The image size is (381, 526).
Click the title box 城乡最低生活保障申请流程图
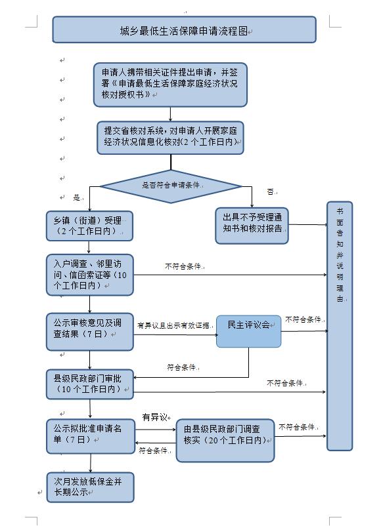tap(184, 30)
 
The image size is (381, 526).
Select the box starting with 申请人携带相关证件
tap(170, 84)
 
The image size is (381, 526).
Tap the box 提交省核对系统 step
tap(170, 137)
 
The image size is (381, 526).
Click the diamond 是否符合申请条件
tap(171, 186)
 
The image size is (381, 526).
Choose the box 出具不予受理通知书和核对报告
tap(252, 225)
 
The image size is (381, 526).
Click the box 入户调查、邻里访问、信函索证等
tap(89, 273)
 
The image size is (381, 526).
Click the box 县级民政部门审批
tap(89, 384)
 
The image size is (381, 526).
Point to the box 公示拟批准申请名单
tap(89, 435)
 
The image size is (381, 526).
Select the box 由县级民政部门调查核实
tap(225, 440)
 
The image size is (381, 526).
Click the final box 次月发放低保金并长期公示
tap(89, 486)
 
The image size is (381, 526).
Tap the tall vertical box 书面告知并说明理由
tap(340, 326)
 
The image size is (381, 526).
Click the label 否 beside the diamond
tap(270, 192)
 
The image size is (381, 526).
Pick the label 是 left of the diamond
tap(77, 197)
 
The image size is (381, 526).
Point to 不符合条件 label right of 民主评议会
tap(303, 319)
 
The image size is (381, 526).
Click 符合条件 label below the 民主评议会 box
tap(181, 367)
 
